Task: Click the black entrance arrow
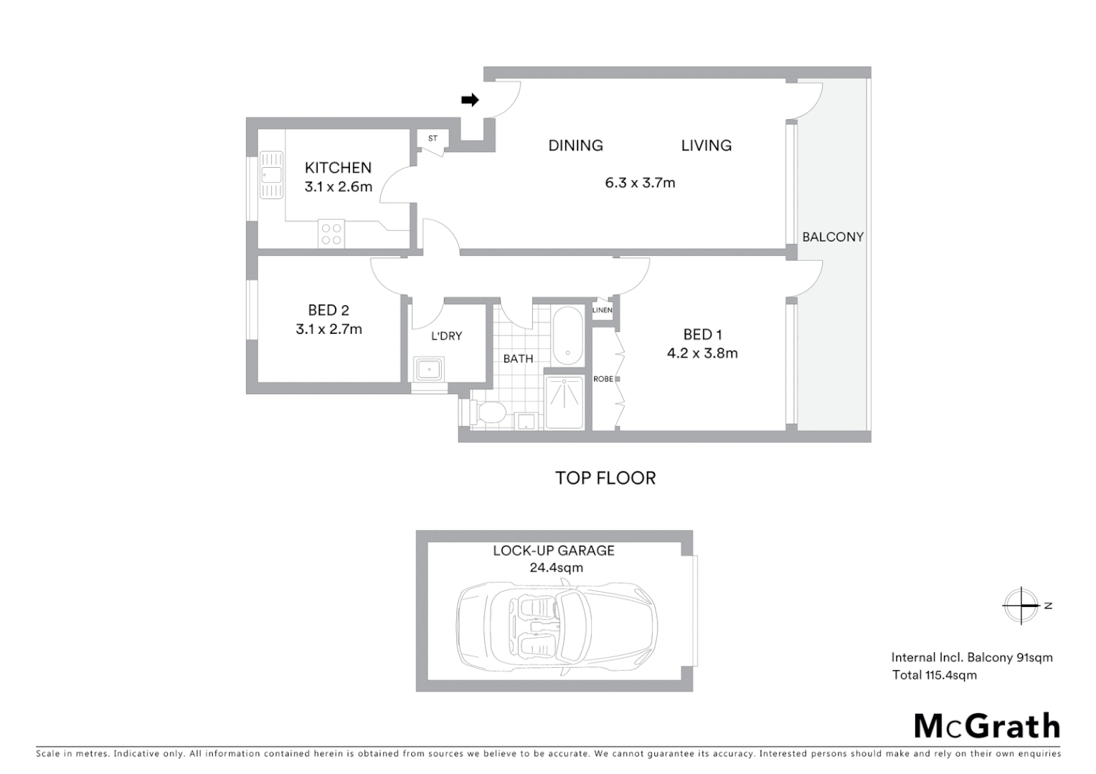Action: point(470,100)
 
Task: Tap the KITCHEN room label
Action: point(338,168)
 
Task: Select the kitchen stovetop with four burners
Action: point(331,234)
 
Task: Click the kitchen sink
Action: point(271,174)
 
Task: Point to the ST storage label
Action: point(433,138)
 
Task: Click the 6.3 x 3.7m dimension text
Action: point(640,183)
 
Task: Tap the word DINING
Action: point(575,145)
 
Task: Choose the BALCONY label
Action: point(833,236)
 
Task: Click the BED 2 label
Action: point(329,310)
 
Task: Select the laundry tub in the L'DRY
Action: point(430,369)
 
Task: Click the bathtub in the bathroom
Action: point(568,333)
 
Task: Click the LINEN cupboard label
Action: point(603,310)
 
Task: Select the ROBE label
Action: point(603,378)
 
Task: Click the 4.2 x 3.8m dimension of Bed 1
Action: point(702,353)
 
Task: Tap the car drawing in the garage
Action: point(557,628)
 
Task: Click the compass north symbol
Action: point(1021,606)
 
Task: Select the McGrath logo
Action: point(987,726)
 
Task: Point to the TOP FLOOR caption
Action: point(605,478)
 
